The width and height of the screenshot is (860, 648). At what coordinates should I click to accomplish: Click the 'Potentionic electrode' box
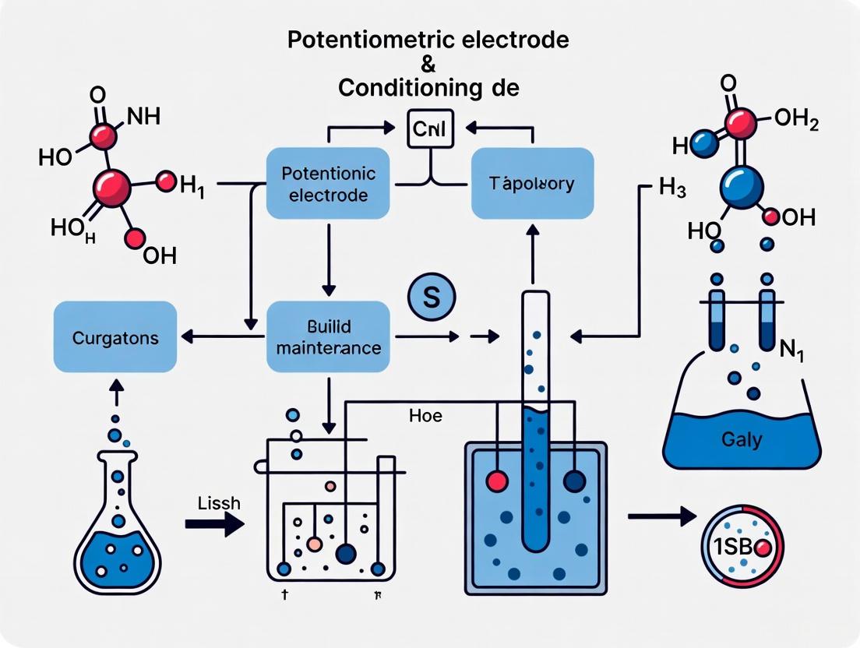pyautogui.click(x=327, y=183)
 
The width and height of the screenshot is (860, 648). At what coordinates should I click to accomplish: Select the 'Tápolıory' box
pyautogui.click(x=533, y=184)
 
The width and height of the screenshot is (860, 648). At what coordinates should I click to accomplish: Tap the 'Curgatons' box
pyautogui.click(x=115, y=337)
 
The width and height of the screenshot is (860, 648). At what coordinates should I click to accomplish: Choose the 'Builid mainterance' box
pyautogui.click(x=328, y=337)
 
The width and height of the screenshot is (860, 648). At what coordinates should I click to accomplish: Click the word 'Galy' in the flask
pyautogui.click(x=742, y=439)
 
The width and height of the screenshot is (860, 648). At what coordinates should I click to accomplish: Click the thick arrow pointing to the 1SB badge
pyautogui.click(x=661, y=516)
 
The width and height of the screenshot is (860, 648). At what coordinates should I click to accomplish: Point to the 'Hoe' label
pyautogui.click(x=425, y=416)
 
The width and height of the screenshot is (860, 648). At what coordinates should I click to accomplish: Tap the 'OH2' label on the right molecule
pyautogui.click(x=796, y=121)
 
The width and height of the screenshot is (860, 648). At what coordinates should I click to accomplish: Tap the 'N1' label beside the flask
pyautogui.click(x=791, y=348)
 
